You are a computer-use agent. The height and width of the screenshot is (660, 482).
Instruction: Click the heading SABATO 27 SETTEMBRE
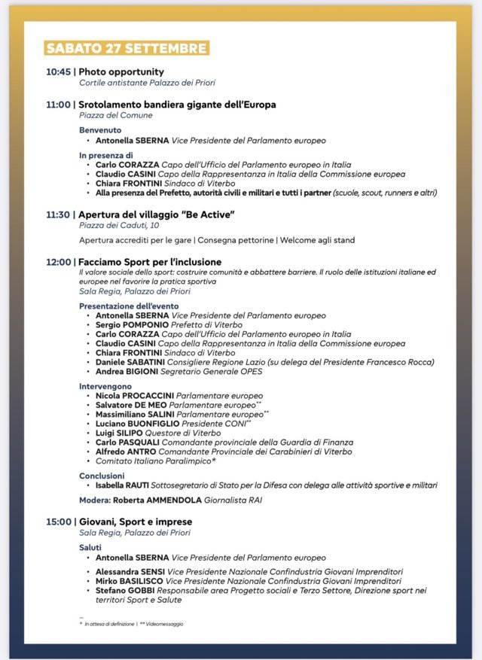(126, 48)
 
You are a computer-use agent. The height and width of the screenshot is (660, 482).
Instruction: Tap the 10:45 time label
(58, 72)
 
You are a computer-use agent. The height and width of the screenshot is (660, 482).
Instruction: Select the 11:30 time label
(58, 214)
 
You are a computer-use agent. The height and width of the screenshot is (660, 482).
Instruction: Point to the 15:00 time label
(58, 521)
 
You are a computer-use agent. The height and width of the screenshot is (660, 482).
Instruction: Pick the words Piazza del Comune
(116, 115)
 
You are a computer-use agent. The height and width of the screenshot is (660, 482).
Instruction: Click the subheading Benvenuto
(100, 130)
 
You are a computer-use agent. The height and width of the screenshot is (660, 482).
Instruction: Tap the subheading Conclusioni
(102, 476)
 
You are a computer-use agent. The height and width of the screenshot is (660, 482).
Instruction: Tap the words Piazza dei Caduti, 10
(119, 225)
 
